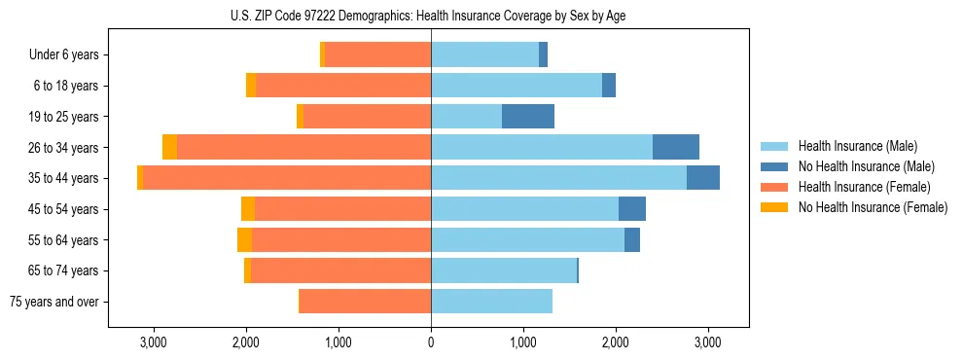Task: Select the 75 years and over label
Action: tap(54, 302)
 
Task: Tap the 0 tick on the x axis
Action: tap(431, 342)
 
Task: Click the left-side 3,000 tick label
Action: tap(154, 342)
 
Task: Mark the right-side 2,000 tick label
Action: tap(616, 342)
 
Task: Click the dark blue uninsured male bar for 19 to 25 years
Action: tap(528, 117)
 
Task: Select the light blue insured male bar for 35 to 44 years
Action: tap(558, 178)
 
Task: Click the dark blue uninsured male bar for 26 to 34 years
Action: tap(675, 147)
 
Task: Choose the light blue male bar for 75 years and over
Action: tap(491, 302)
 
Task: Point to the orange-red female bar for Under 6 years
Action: tap(377, 55)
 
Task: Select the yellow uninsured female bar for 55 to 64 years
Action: tap(244, 240)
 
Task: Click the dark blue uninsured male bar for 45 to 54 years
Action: tap(631, 209)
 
